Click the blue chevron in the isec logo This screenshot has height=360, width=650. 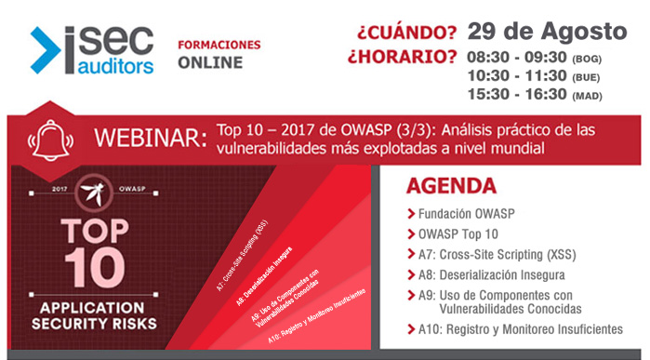(x=46, y=49)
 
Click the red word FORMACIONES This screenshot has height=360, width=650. (x=219, y=45)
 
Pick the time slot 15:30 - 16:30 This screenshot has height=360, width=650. (x=515, y=95)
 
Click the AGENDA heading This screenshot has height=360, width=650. (x=451, y=185)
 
